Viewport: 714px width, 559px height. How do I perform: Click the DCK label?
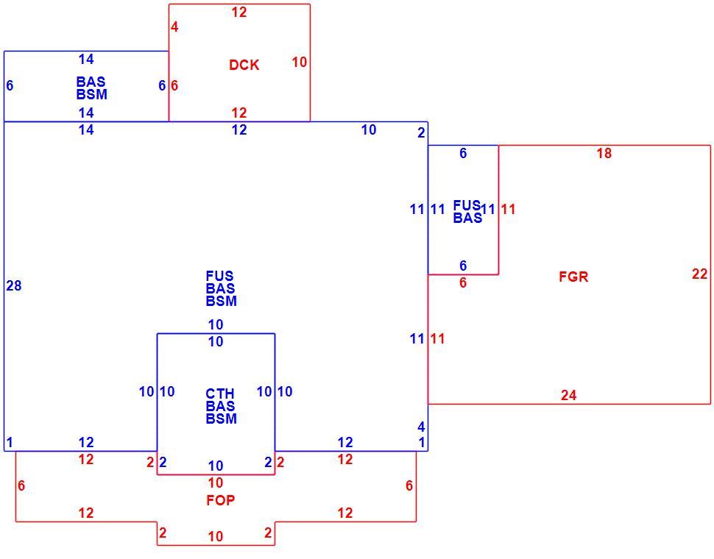244,65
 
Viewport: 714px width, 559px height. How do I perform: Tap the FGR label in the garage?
573,277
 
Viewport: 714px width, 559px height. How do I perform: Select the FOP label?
221,500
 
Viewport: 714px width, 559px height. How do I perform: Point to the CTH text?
220,394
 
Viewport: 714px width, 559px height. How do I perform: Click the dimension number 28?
14,285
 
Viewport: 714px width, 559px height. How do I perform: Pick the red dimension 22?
699,274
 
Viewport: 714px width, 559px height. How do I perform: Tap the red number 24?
568,395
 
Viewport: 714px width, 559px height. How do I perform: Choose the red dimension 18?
604,153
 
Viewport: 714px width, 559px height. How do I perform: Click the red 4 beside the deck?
174,27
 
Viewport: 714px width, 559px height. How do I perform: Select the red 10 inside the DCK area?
299,62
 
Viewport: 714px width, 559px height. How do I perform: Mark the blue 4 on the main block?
421,427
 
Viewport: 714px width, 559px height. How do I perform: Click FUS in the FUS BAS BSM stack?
219,276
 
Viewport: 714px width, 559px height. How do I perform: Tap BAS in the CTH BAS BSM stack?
220,406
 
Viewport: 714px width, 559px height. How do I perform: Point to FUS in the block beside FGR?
467,205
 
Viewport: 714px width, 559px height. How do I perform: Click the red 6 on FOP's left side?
21,485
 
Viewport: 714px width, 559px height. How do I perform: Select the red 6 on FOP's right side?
409,485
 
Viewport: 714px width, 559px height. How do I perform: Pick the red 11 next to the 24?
437,338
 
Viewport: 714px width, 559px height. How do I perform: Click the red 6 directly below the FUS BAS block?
463,283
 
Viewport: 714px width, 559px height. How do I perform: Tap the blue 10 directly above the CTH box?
216,325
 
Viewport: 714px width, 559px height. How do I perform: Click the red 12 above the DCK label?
239,13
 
